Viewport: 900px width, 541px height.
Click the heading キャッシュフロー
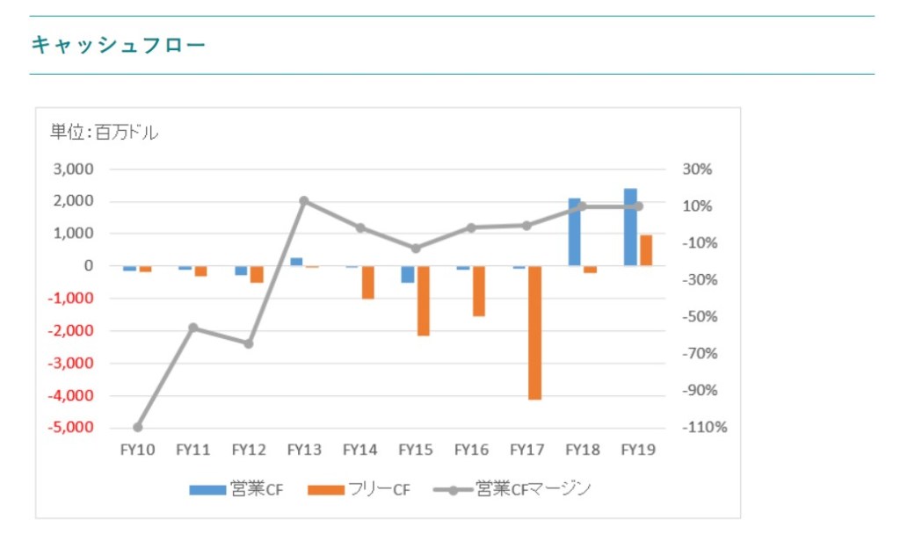[x=118, y=44]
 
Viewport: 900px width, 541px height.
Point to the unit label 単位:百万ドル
[x=104, y=133]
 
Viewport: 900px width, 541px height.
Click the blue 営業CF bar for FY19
[x=630, y=227]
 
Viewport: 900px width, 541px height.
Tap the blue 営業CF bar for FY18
[x=574, y=232]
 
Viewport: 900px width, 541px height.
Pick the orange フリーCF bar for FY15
[x=423, y=300]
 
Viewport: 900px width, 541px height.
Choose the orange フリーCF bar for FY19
[x=646, y=250]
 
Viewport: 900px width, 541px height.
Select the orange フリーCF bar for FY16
[x=479, y=291]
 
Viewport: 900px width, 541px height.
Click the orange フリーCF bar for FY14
[x=367, y=282]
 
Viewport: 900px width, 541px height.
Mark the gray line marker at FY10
[x=137, y=428]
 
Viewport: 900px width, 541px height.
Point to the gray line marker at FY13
[x=304, y=201]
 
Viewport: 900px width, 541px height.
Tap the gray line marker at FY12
[x=249, y=343]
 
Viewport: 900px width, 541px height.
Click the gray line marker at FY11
[x=193, y=328]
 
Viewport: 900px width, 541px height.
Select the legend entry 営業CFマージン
[x=513, y=489]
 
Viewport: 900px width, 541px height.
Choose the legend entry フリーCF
[x=360, y=489]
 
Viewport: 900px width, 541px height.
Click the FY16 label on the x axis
[x=471, y=450]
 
